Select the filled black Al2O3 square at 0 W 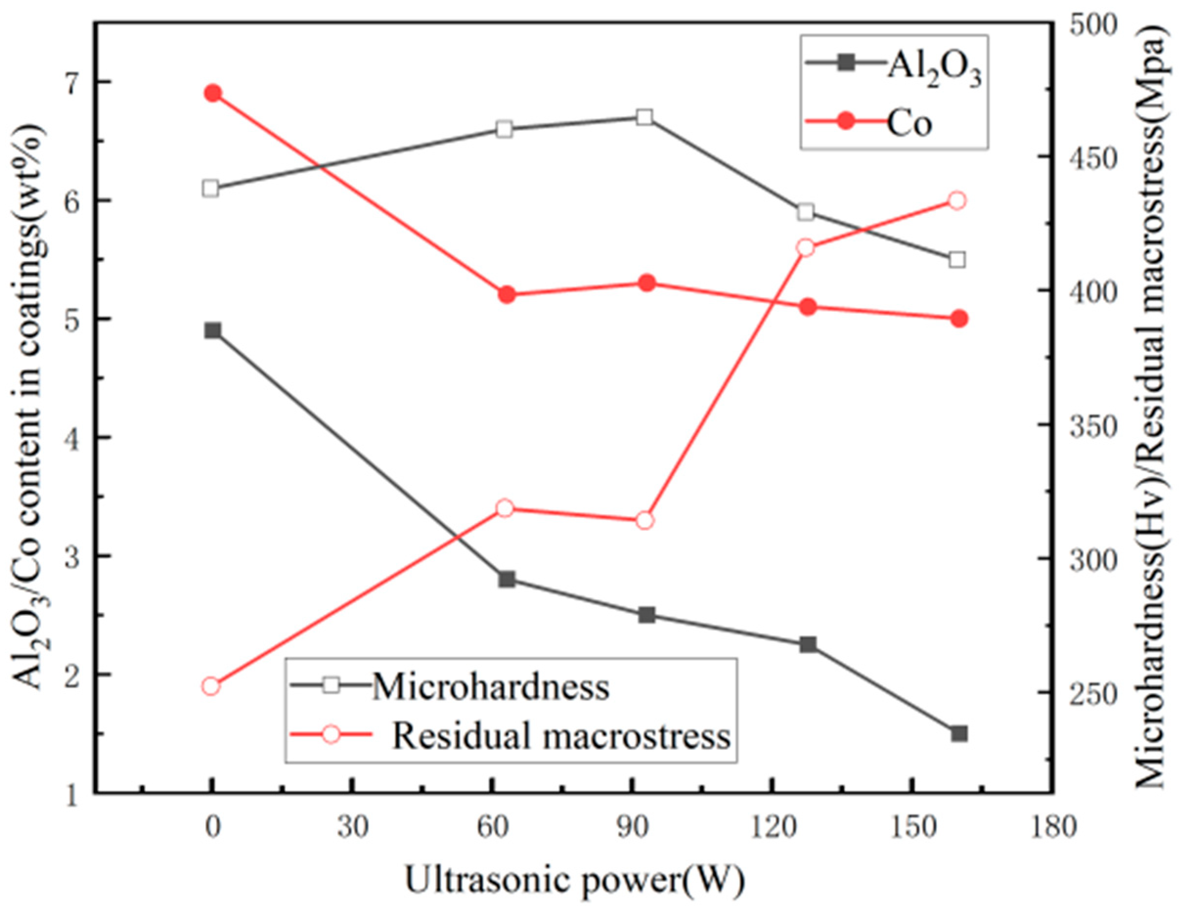(213, 330)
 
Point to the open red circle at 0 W (211, 687)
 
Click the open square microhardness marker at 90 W (644, 117)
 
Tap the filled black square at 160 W (959, 734)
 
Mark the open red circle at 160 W (957, 201)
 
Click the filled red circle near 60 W (507, 295)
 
